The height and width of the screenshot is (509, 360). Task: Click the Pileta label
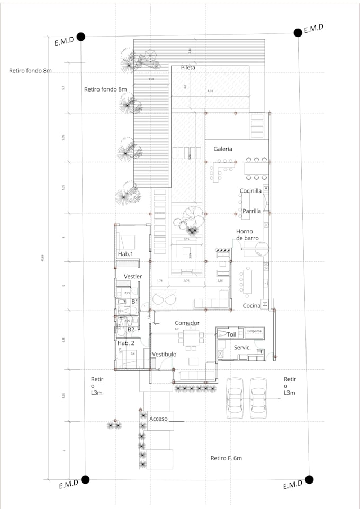188,68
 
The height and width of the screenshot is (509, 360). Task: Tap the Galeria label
223,149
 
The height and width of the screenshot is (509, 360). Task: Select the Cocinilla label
250,191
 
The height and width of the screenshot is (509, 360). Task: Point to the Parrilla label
251,211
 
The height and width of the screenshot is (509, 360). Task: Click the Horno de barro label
247,235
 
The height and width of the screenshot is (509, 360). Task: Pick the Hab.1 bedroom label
125,254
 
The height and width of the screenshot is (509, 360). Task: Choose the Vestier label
133,277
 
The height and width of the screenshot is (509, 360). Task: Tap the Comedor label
187,323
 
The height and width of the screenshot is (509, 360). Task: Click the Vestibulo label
164,354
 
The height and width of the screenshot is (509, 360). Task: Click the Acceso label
158,419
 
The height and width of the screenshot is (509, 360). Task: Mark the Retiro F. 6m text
226,458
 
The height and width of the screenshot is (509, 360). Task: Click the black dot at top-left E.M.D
81,37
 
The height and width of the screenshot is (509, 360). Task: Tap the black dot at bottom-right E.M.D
309,479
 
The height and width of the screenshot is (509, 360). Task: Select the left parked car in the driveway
236,398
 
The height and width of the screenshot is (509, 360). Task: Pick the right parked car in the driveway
258,398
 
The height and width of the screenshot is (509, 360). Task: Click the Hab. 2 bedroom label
127,343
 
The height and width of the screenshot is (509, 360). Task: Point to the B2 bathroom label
131,329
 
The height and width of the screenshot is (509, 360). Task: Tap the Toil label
231,334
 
